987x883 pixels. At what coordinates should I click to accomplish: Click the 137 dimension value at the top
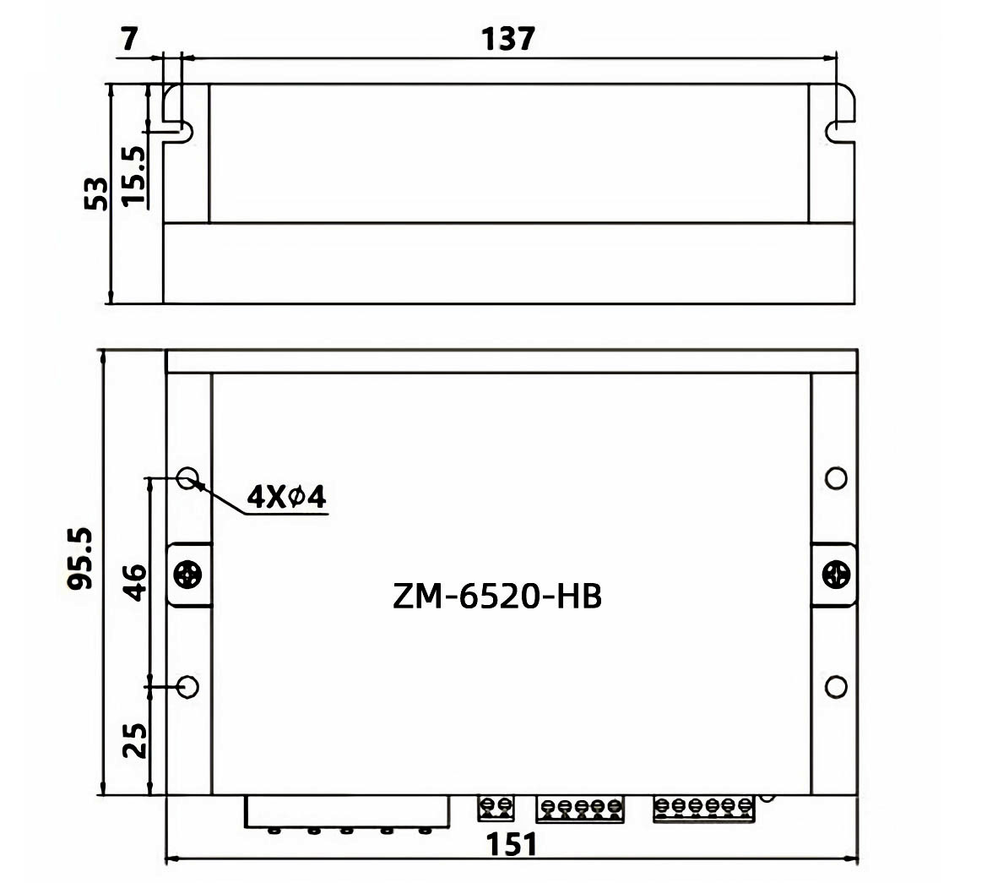(508, 39)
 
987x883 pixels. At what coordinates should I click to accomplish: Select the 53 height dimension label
(96, 193)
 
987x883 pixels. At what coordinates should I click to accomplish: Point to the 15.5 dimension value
(133, 176)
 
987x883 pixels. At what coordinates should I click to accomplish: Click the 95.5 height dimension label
(80, 559)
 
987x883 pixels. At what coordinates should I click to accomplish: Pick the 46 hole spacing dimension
(135, 582)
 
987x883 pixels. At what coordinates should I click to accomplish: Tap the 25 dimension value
(135, 739)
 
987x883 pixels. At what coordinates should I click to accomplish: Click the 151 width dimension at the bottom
(512, 845)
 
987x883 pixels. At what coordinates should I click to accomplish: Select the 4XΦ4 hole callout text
(286, 497)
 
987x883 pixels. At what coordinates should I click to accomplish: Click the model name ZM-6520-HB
(497, 596)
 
